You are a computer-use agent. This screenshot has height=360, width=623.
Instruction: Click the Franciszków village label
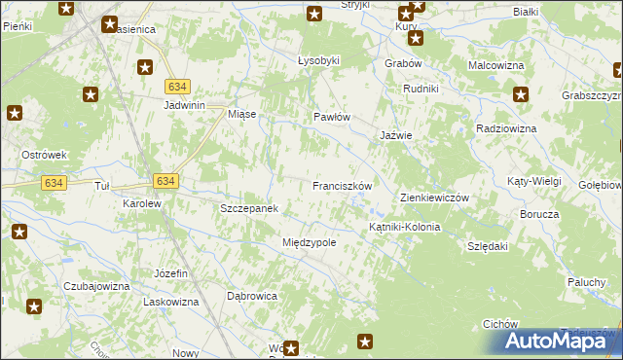(342, 185)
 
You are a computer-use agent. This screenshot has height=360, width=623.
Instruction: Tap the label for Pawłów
(331, 117)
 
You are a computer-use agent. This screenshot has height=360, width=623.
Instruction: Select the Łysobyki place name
(318, 60)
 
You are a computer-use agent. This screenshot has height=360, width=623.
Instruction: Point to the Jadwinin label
(189, 105)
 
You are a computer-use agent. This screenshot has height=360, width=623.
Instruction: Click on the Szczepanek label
(249, 208)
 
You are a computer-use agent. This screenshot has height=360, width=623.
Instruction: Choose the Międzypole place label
(309, 242)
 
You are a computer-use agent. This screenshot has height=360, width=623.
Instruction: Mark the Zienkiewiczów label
(435, 198)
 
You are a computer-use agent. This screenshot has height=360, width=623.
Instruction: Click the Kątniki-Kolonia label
(404, 227)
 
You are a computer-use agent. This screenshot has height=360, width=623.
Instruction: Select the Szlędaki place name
(488, 247)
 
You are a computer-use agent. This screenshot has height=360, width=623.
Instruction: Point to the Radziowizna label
(506, 128)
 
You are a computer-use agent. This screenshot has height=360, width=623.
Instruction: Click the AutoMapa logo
(561, 341)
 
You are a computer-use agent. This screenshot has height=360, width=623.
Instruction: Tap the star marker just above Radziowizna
(521, 95)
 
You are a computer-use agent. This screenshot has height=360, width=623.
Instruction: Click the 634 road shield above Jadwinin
(176, 86)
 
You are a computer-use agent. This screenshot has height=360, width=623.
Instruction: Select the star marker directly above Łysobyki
(314, 14)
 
